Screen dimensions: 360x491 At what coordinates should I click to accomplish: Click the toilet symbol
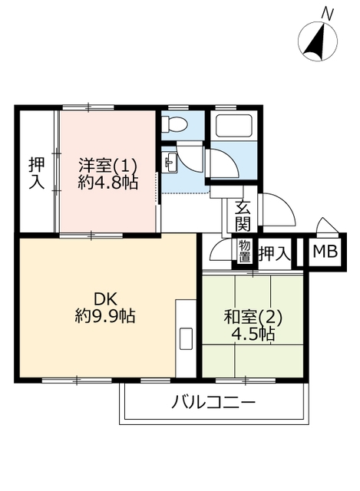[173, 124]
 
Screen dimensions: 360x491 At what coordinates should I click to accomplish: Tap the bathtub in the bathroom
[234, 125]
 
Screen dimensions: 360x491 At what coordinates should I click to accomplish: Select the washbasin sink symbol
[170, 162]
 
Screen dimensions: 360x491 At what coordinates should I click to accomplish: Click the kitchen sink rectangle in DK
[186, 339]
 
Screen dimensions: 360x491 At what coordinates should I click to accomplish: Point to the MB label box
[325, 251]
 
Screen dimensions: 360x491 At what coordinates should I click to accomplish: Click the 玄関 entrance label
[243, 216]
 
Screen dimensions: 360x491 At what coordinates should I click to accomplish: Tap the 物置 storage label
[245, 252]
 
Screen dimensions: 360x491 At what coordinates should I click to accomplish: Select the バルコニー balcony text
[213, 402]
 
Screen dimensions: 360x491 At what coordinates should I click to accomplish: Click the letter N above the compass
[329, 15]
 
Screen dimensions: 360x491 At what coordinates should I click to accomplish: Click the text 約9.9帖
[105, 315]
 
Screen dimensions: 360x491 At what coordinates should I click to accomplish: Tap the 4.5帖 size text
[253, 334]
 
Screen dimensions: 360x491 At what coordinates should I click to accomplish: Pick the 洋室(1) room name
[107, 165]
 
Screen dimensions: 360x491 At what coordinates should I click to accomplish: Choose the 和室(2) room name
[253, 318]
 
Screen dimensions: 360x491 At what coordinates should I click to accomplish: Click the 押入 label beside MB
[275, 253]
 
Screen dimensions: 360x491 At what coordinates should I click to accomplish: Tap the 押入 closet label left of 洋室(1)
[37, 173]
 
